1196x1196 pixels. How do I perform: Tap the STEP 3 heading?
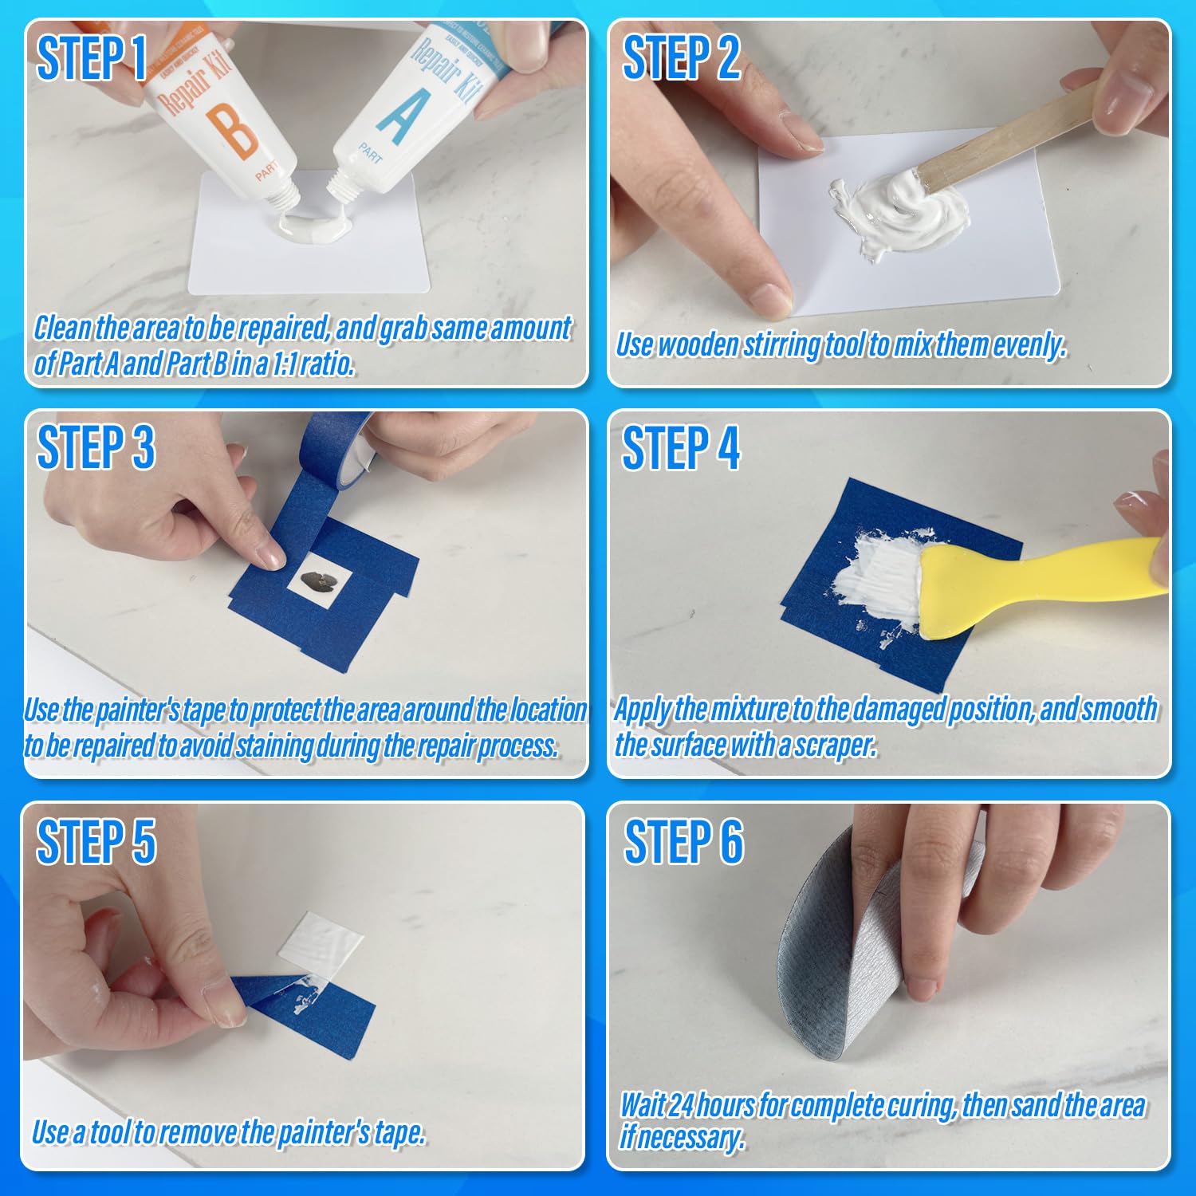pyautogui.click(x=96, y=447)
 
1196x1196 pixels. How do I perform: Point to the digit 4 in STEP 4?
pyautogui.click(x=727, y=447)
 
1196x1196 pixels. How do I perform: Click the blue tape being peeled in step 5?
pyautogui.click(x=319, y=1013)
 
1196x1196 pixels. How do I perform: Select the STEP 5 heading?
pyautogui.click(x=96, y=842)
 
